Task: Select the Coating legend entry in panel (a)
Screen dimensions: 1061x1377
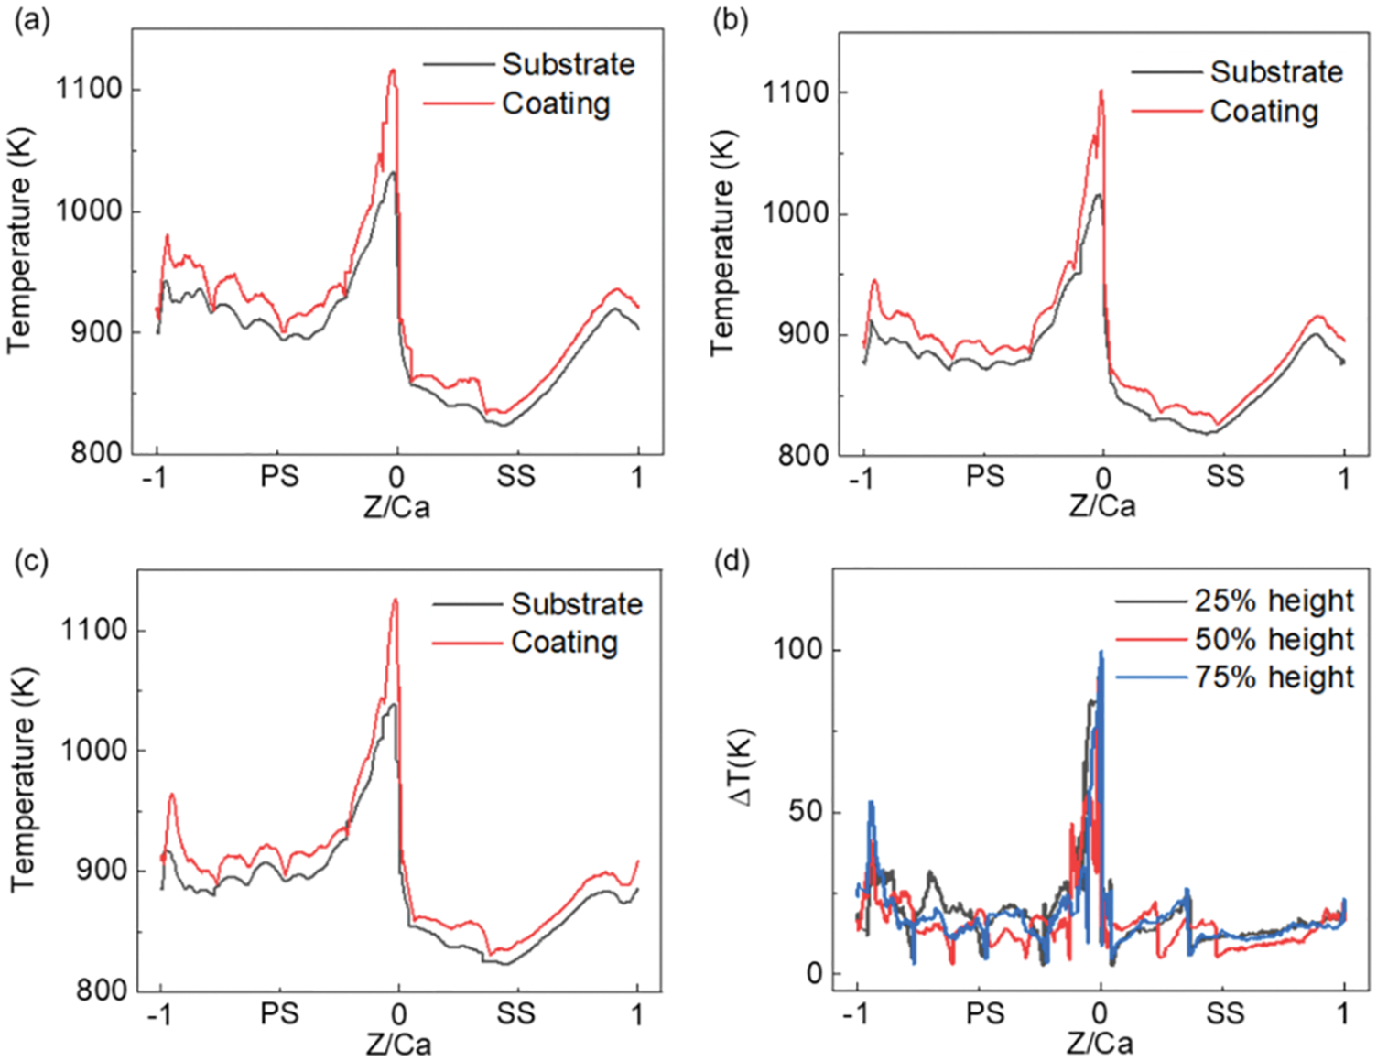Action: coord(555,103)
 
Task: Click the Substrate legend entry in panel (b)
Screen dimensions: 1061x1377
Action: coord(1275,71)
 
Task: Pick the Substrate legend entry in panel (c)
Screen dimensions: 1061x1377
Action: coord(576,604)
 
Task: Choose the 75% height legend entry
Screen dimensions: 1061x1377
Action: coord(1274,677)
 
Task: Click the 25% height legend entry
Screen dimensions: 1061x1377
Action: coord(1274,601)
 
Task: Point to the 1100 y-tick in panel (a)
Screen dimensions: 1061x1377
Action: coord(89,89)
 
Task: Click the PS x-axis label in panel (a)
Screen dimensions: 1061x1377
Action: coord(278,476)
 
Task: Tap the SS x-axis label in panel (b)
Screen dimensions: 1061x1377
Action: coord(1225,476)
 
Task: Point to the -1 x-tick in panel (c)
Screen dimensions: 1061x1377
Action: coord(160,1014)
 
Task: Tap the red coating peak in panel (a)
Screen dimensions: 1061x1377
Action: coord(393,70)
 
